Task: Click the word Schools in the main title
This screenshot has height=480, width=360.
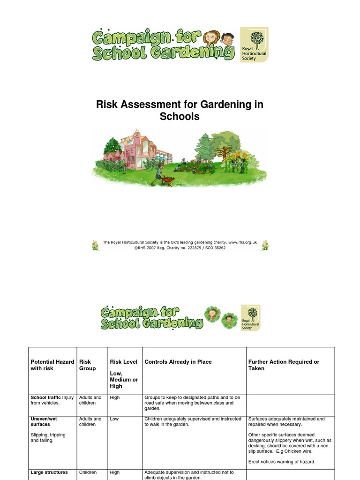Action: point(180,116)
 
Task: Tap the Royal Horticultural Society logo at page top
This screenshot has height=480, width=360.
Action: point(254,45)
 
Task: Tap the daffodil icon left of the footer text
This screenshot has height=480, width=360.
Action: point(96,245)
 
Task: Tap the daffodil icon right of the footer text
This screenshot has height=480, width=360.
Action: point(265,245)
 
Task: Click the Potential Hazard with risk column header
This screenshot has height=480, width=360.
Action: point(52,365)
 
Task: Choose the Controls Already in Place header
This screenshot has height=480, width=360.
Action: point(178,362)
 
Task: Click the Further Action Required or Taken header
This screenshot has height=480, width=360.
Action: point(284,365)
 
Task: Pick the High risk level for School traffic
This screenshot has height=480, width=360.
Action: point(115,397)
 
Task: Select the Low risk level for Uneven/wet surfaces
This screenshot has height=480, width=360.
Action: point(114,419)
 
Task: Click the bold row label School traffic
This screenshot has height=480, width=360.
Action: point(45,397)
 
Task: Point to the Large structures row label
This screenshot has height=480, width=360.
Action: point(49,472)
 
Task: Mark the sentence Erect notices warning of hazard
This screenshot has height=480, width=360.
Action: point(282,462)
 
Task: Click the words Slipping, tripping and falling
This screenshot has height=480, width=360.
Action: point(48,438)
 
